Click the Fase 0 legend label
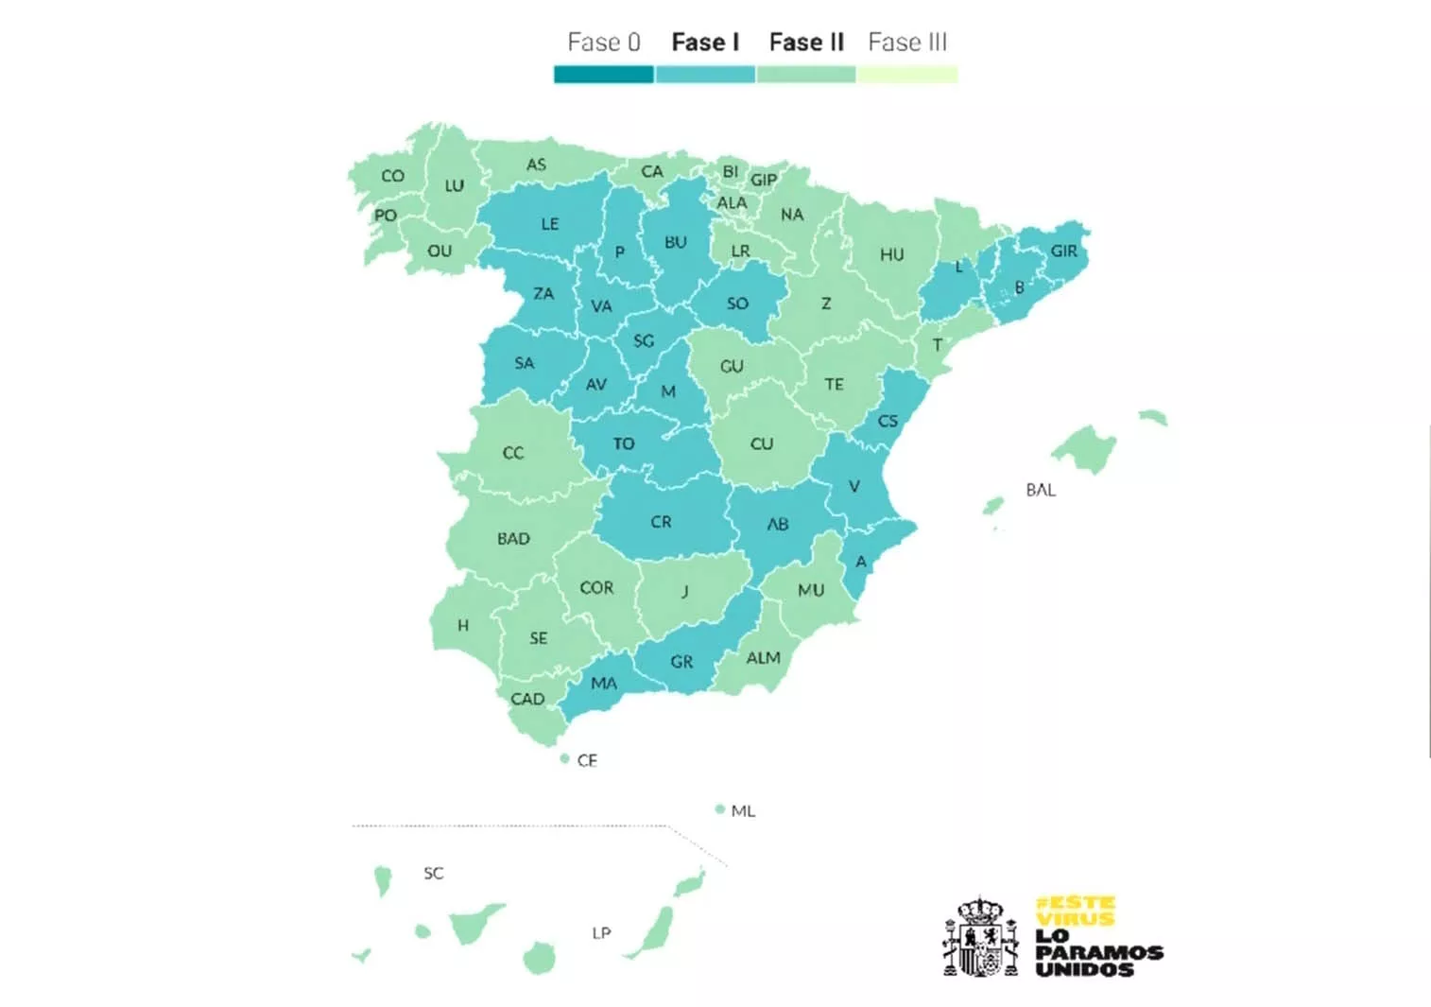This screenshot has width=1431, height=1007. click(x=604, y=43)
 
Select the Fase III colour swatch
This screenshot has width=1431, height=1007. click(x=907, y=75)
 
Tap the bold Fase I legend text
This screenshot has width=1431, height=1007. click(x=705, y=43)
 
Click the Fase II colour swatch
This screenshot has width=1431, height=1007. click(x=806, y=75)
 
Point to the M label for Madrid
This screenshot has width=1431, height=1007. click(x=668, y=391)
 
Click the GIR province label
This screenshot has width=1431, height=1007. click(x=1063, y=252)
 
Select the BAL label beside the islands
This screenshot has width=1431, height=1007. click(x=1041, y=490)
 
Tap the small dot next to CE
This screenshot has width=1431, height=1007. click(x=565, y=758)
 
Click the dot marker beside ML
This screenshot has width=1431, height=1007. click(x=720, y=809)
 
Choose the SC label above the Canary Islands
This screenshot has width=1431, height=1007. click(x=434, y=874)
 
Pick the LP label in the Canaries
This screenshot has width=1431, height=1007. click(x=601, y=933)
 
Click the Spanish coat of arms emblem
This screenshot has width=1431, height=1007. click(x=981, y=937)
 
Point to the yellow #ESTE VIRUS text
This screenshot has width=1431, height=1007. click(x=1076, y=911)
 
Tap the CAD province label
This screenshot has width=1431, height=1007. click(x=527, y=700)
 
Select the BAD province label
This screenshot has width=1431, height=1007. click(x=513, y=539)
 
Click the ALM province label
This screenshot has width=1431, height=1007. click(x=764, y=658)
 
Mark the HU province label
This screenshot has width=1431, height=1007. click(x=892, y=255)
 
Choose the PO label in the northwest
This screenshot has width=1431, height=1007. click(x=386, y=216)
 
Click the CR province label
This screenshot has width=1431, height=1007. click(x=661, y=522)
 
